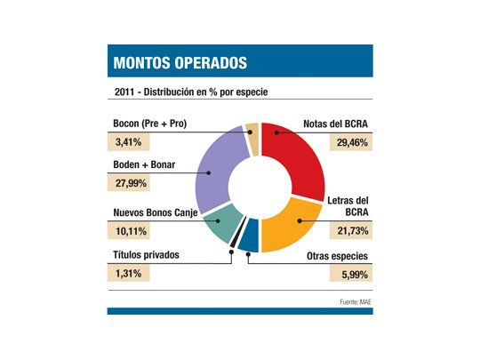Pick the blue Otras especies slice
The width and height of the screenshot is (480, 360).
(249, 236)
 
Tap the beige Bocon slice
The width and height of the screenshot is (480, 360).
(252, 137)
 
